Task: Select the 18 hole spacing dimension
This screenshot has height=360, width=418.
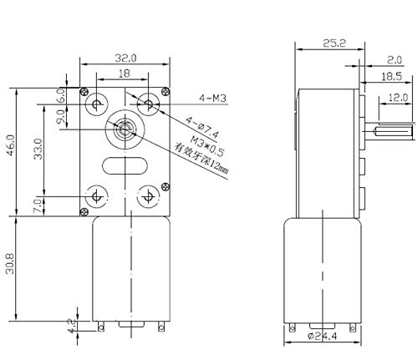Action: click(x=123, y=74)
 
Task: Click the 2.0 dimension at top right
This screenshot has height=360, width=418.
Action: click(x=394, y=59)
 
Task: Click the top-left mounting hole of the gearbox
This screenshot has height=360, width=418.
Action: click(x=98, y=105)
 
